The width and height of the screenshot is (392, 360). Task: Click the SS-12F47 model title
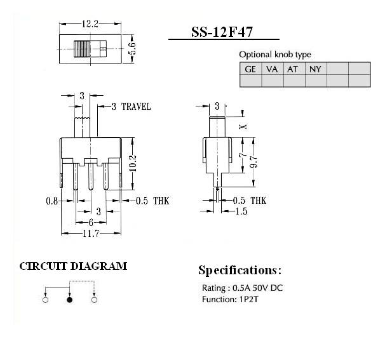click(x=222, y=32)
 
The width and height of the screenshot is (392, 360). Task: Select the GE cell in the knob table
click(x=250, y=69)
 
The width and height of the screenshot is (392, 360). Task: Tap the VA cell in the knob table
click(x=273, y=69)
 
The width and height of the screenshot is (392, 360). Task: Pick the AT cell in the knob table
click(x=294, y=69)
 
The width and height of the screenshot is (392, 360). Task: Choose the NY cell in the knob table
click(x=316, y=69)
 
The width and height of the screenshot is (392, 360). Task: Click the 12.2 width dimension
click(x=90, y=24)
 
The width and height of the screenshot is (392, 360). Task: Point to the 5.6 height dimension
click(x=132, y=48)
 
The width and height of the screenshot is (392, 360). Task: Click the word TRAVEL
click(x=136, y=107)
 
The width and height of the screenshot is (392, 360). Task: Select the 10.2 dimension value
click(x=133, y=163)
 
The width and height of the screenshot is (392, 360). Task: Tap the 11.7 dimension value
click(x=91, y=234)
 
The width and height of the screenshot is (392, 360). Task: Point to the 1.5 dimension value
click(x=241, y=211)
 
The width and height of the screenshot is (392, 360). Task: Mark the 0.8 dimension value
click(x=52, y=201)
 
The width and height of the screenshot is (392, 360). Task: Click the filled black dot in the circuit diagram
click(x=70, y=300)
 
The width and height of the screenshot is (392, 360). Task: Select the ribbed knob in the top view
click(x=82, y=49)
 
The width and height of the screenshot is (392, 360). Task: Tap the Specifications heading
click(x=240, y=270)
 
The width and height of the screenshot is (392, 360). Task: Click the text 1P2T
click(x=248, y=299)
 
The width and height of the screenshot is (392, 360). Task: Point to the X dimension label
click(x=242, y=127)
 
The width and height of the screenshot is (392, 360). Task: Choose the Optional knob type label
click(x=275, y=55)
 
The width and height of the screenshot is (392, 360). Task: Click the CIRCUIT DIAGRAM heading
click(x=73, y=266)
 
